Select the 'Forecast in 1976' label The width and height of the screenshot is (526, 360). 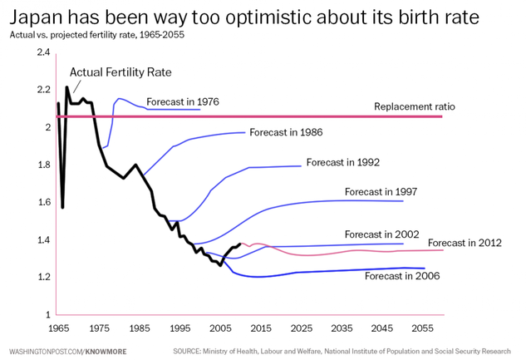182,102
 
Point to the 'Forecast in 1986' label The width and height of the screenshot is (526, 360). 286,132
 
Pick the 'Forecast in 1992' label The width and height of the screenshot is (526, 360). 342,162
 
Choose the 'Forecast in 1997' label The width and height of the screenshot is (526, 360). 381,192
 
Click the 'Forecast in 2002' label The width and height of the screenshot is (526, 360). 381,234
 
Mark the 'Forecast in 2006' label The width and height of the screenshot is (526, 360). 401,276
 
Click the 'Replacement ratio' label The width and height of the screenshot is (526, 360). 414,106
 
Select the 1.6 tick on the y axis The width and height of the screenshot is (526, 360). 43,202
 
